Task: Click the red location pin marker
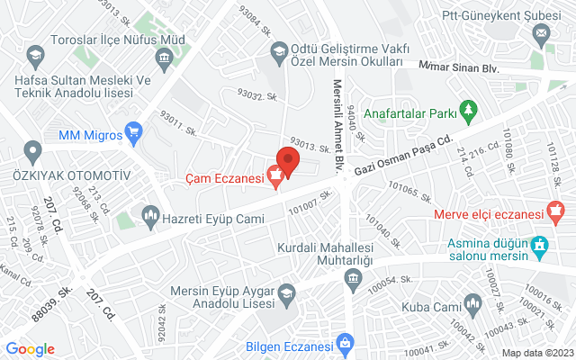click(x=287, y=160)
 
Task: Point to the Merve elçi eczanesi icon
click(x=555, y=214)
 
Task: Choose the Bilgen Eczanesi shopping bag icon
click(x=345, y=343)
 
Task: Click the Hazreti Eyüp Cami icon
click(x=149, y=216)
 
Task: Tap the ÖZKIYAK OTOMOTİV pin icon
click(x=33, y=151)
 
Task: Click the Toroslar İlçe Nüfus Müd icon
click(x=163, y=59)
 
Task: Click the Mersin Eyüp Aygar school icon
click(x=285, y=292)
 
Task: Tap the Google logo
click(x=30, y=349)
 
